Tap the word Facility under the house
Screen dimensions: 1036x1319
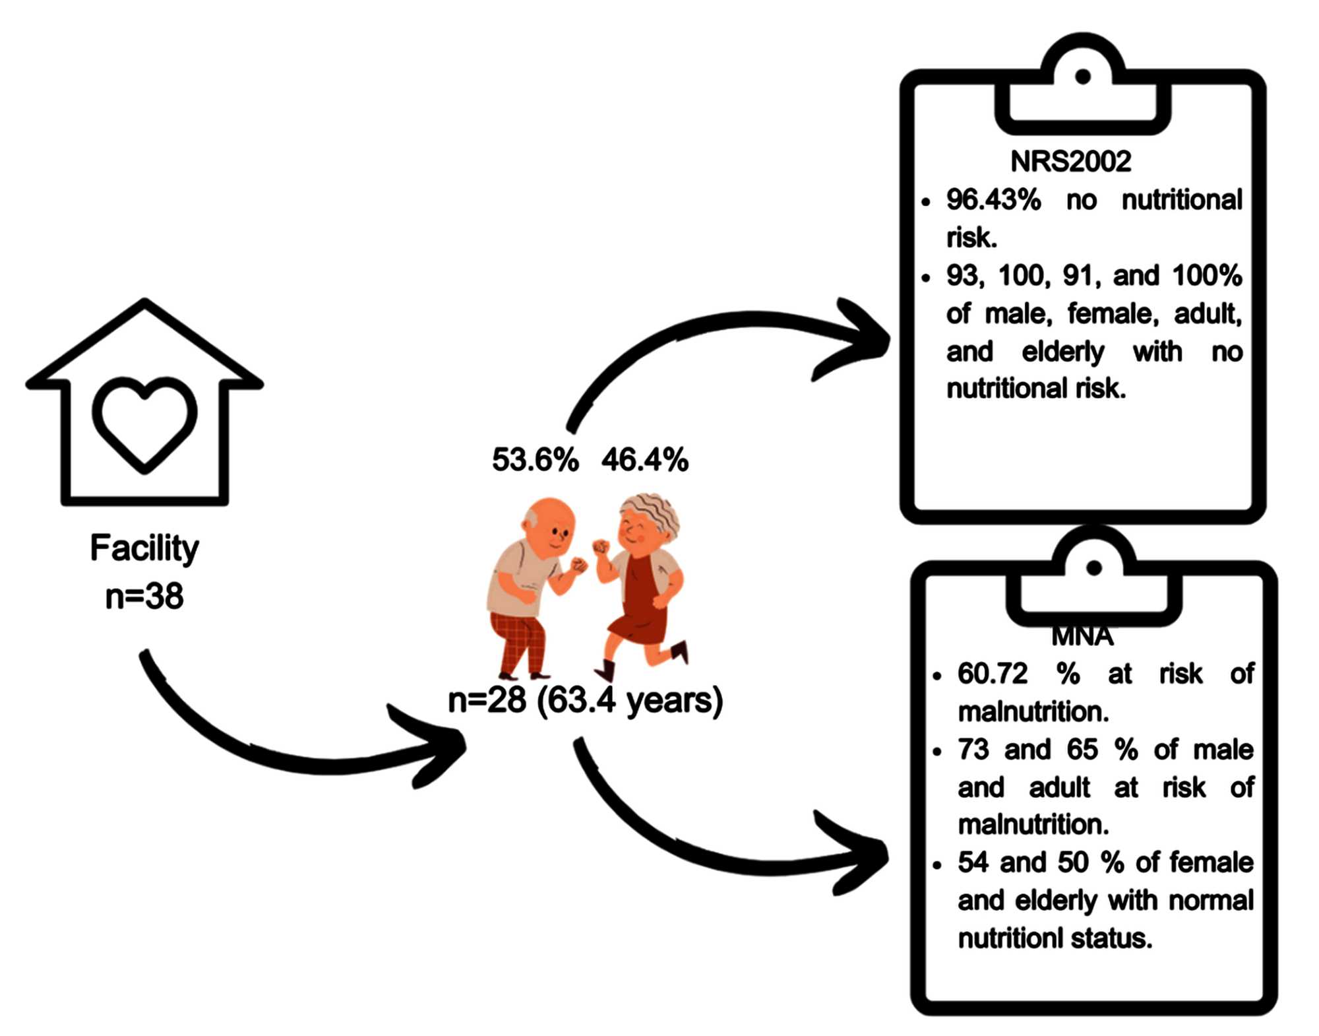tap(144, 548)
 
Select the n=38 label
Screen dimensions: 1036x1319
tap(144, 597)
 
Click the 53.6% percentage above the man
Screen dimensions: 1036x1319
tap(535, 460)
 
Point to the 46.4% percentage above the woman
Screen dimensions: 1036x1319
tap(644, 460)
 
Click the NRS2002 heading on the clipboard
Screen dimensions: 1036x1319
tap(1070, 162)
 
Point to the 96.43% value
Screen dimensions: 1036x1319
tap(993, 200)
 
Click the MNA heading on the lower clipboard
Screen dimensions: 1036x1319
tap(1082, 637)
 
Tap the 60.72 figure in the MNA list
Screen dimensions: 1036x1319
tap(993, 674)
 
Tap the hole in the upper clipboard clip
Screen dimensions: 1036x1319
tap(1082, 77)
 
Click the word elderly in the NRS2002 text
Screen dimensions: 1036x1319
tap(1062, 352)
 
